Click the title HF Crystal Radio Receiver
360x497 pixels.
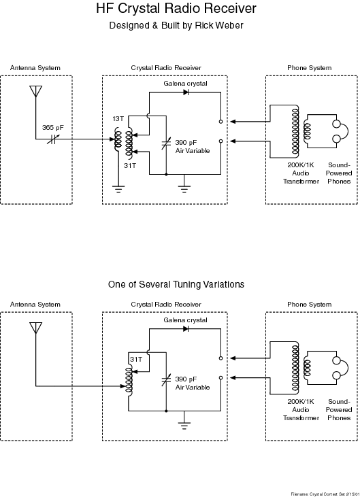[x=176, y=9]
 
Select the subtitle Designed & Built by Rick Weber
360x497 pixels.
[x=176, y=25]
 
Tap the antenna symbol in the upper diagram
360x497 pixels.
[x=36, y=91]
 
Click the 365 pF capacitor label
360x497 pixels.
[x=53, y=128]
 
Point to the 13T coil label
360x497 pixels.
[x=118, y=119]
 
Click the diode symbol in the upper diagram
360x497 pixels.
[x=186, y=92]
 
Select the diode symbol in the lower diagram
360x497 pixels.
[x=186, y=329]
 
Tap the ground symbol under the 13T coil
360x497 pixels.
[x=118, y=189]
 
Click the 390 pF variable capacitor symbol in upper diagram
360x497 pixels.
[x=166, y=143]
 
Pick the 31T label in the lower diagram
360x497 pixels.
[x=136, y=360]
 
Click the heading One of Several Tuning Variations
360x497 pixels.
[x=176, y=284]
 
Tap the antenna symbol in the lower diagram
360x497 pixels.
[x=36, y=328]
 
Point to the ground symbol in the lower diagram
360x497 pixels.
[x=184, y=426]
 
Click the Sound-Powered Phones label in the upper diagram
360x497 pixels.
[x=339, y=173]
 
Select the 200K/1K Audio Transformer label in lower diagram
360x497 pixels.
[x=301, y=410]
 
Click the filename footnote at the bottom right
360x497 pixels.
[x=325, y=494]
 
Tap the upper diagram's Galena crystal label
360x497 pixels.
[x=186, y=84]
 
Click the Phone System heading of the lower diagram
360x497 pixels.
[x=309, y=305]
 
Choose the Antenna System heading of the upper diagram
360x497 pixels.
[x=35, y=68]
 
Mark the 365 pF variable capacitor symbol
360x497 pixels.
[x=53, y=139]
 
